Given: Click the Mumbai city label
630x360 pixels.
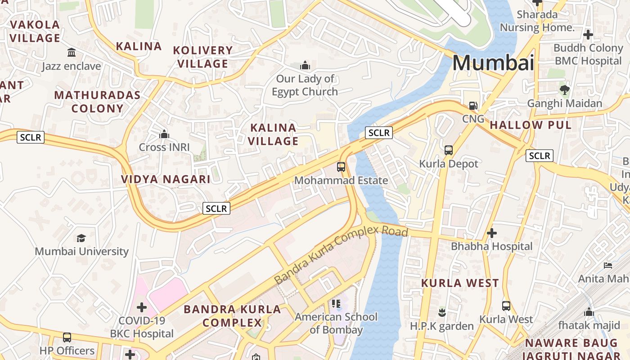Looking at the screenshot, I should [x=493, y=63].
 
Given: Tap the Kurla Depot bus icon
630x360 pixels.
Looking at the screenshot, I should [x=449, y=150].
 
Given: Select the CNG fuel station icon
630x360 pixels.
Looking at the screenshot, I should [x=473, y=106].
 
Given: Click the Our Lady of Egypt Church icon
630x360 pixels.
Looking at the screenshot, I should [x=305, y=66].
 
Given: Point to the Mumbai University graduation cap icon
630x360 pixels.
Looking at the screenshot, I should [x=81, y=238].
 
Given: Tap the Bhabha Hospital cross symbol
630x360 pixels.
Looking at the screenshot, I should [x=492, y=233].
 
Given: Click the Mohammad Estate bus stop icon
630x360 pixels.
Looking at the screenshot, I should [x=341, y=167].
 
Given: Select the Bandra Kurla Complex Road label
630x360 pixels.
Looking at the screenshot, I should [x=341, y=255].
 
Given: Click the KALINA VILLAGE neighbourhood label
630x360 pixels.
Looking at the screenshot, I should [x=273, y=135].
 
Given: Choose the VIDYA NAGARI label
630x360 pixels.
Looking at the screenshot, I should [x=166, y=180].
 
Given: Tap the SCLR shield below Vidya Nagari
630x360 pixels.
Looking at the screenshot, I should [x=217, y=208].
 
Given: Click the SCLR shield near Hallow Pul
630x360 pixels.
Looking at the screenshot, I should [x=540, y=156].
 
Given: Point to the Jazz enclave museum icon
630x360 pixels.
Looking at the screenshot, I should [x=72, y=53].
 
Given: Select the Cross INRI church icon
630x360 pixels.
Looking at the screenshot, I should [x=164, y=134].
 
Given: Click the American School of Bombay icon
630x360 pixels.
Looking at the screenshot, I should [x=336, y=304].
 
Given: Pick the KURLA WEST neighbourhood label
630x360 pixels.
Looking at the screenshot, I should [x=460, y=283].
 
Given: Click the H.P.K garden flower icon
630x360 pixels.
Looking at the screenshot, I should [x=442, y=312].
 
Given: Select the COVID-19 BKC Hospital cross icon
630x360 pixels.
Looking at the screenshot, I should [x=142, y=308].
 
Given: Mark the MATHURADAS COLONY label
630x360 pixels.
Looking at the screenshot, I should [x=97, y=102].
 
